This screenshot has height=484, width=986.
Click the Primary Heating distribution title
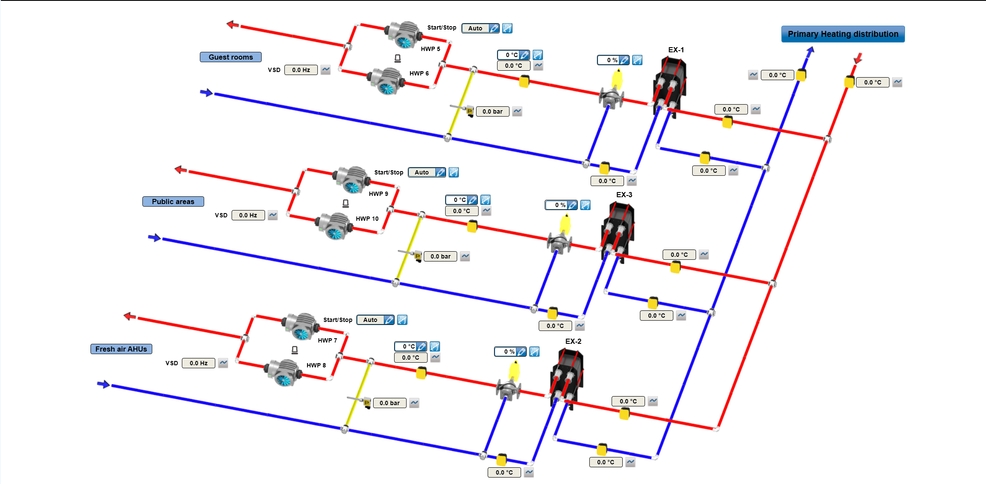tap(843, 34)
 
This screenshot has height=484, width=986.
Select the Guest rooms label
tap(230, 57)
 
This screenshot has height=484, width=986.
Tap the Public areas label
tap(173, 201)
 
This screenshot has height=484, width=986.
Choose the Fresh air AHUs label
tap(121, 349)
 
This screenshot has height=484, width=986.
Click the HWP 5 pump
tap(403, 34)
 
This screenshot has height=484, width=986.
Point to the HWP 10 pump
tap(334, 225)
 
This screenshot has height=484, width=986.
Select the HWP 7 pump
tap(300, 326)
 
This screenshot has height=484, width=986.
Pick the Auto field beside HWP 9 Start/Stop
tap(422, 172)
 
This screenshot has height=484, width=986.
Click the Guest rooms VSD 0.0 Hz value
tap(301, 70)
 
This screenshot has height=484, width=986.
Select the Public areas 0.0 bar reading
tap(440, 256)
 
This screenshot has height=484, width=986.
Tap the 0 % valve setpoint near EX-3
tap(557, 205)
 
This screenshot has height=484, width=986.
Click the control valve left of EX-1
tap(611, 96)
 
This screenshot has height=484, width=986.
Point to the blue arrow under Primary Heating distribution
tap(810, 51)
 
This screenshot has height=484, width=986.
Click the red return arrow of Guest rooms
tap(232, 24)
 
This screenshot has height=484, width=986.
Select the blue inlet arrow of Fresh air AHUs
tap(103, 384)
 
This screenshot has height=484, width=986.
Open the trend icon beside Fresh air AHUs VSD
tap(223, 363)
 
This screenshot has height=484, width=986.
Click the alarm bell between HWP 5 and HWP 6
tap(398, 58)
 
